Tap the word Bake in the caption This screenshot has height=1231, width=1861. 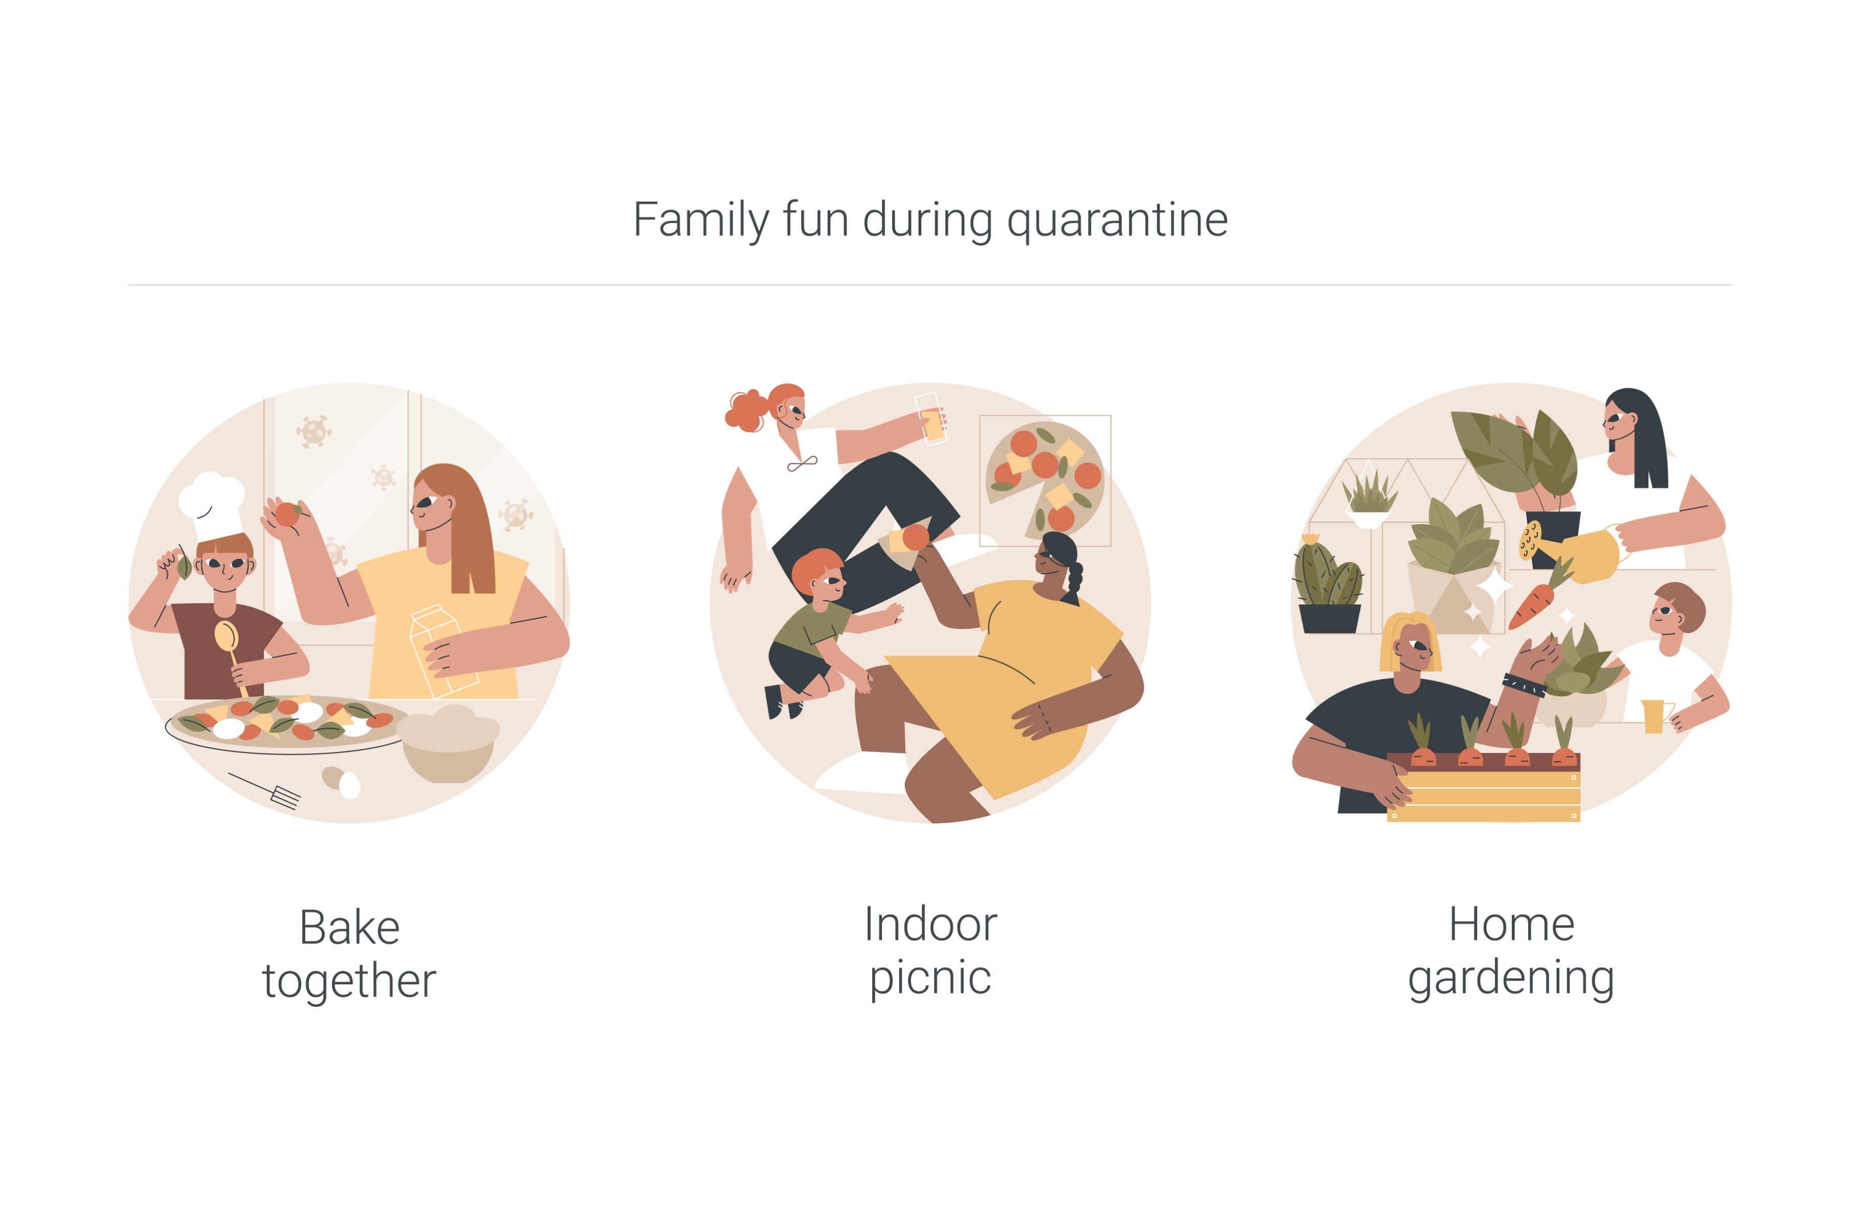[350, 928]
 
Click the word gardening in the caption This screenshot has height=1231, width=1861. [1511, 980]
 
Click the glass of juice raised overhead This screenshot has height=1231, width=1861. [931, 418]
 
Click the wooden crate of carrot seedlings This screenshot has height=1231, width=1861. [1483, 787]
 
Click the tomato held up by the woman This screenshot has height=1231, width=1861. [287, 514]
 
